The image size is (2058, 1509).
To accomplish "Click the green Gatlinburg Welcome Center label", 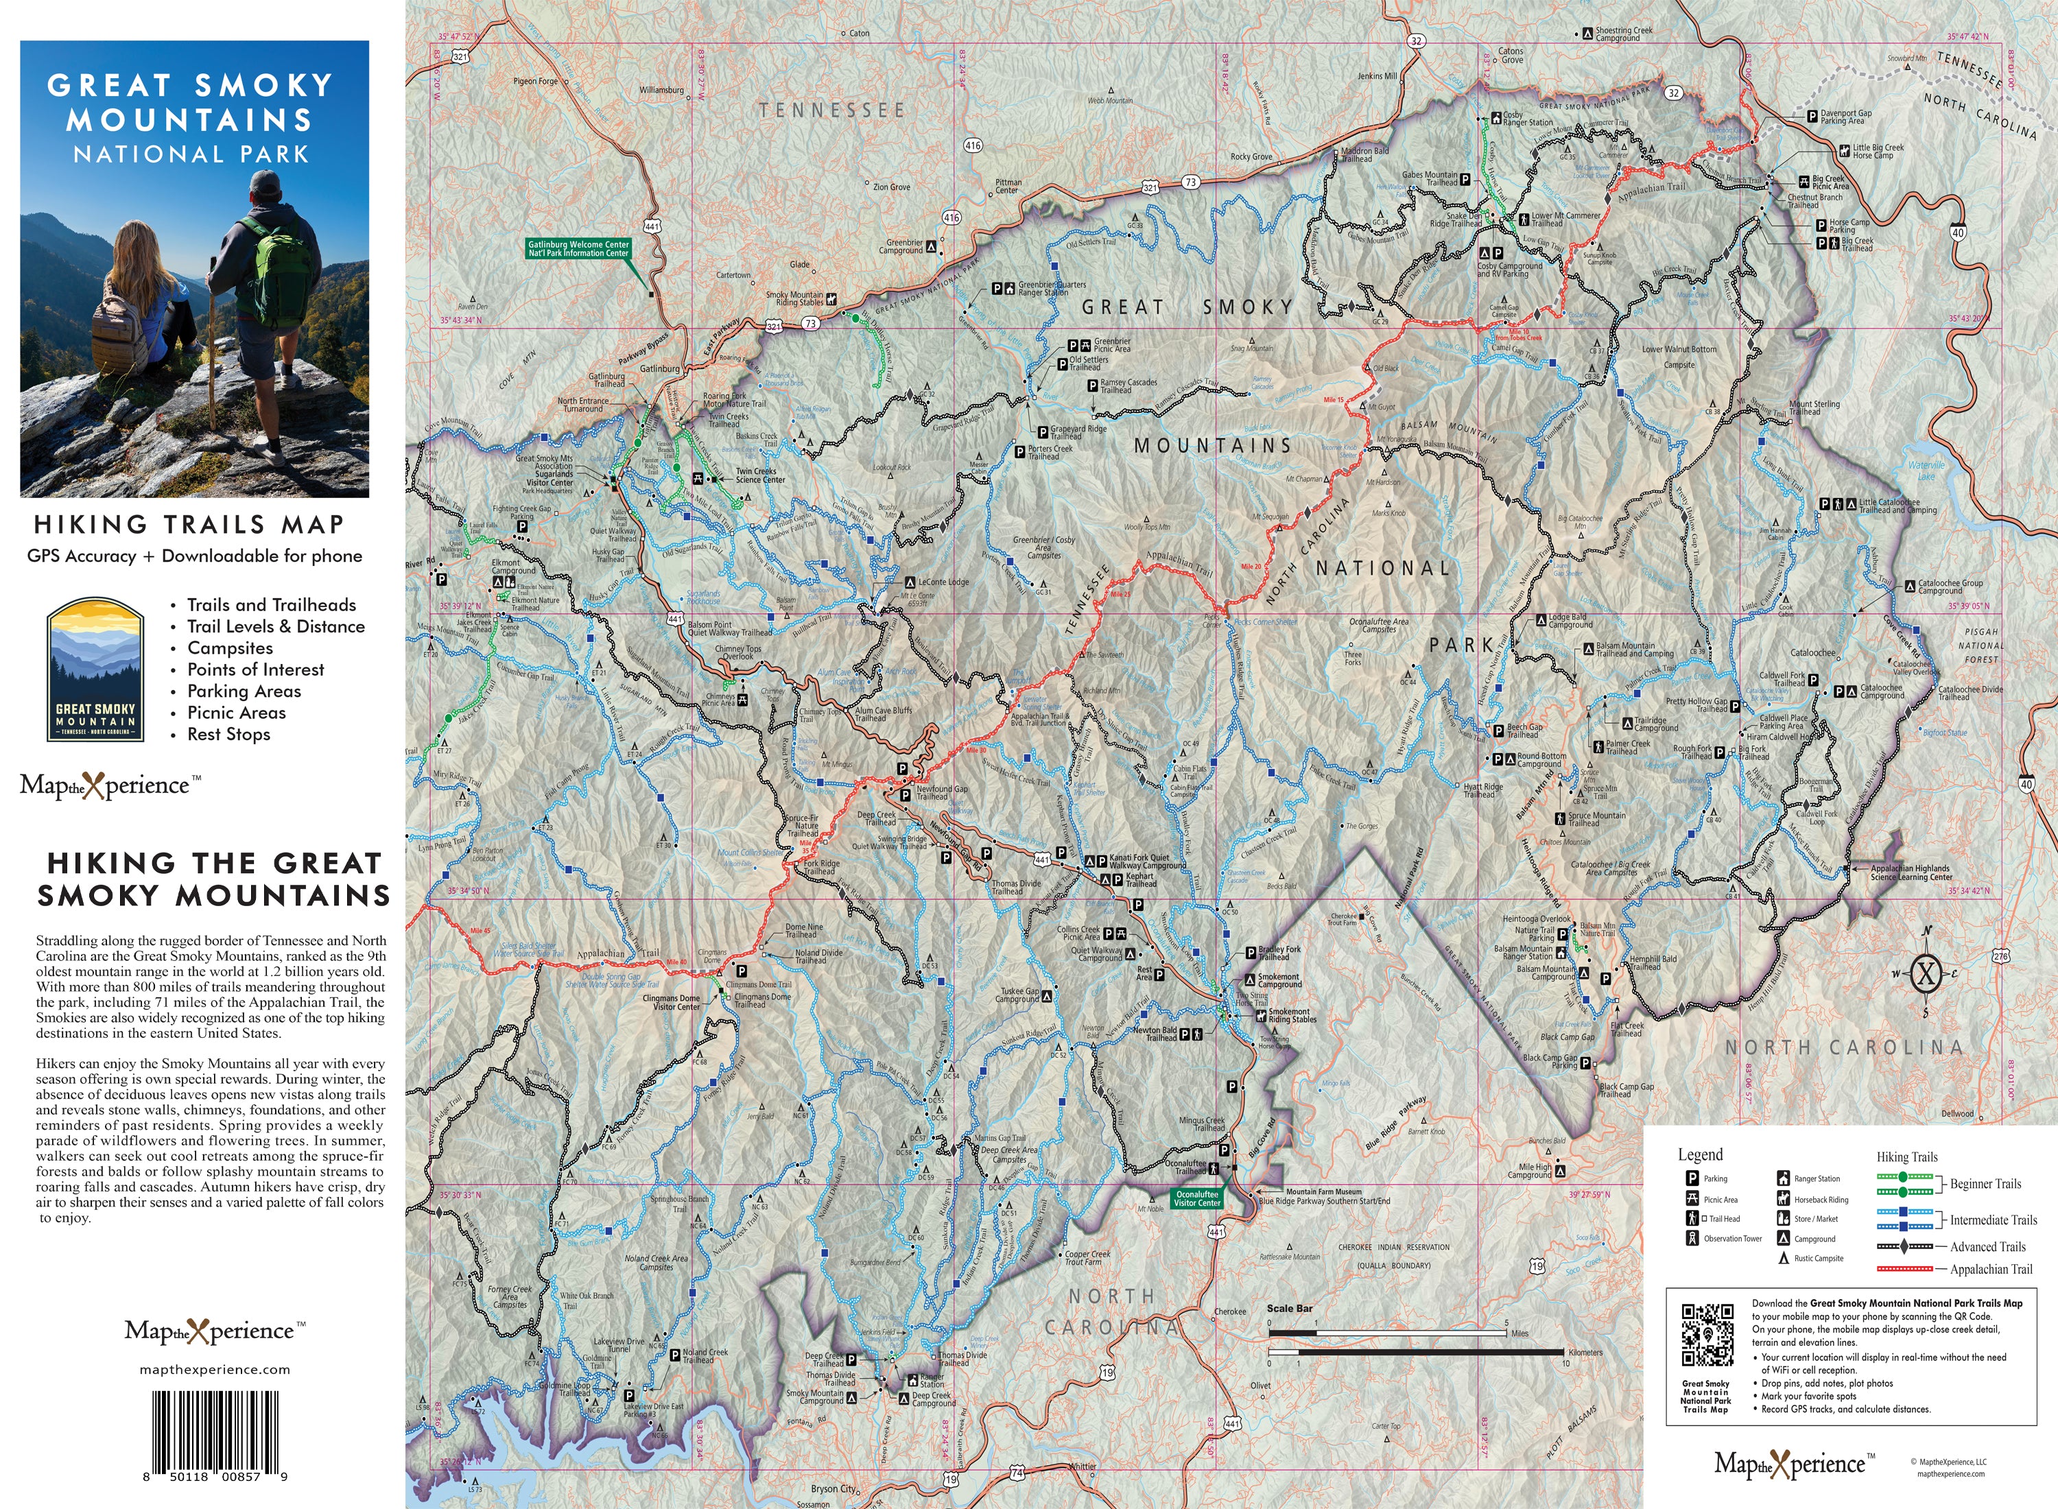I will [578, 248].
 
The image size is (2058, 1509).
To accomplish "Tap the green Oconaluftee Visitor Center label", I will [1196, 1198].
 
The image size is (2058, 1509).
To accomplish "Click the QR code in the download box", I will [1707, 1333].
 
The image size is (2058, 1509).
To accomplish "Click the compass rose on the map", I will [1926, 974].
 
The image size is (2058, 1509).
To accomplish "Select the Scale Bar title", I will [1289, 1309].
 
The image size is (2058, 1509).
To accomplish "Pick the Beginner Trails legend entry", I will [1985, 1184].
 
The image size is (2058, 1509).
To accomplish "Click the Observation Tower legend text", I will [1733, 1239].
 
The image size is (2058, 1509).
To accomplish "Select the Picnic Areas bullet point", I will [236, 713].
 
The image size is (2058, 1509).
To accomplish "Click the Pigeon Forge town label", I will [535, 82].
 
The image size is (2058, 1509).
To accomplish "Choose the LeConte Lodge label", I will [943, 582].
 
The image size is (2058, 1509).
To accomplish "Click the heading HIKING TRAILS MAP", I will [189, 524].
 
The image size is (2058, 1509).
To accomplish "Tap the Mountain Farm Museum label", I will [1323, 1192].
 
